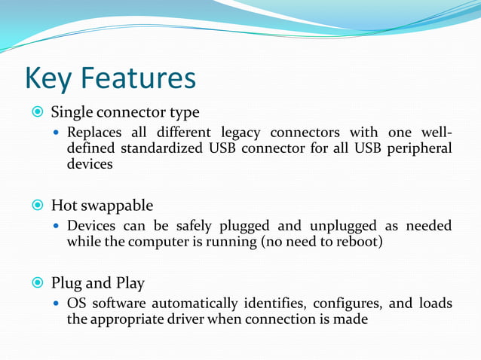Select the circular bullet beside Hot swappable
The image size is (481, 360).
point(36,206)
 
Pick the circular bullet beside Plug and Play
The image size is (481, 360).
point(36,284)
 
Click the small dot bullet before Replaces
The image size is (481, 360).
point(57,133)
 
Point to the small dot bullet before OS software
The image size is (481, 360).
point(57,304)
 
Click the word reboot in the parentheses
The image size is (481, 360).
point(360,242)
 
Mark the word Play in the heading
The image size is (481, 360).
point(129,284)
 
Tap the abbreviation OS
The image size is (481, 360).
point(76,304)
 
